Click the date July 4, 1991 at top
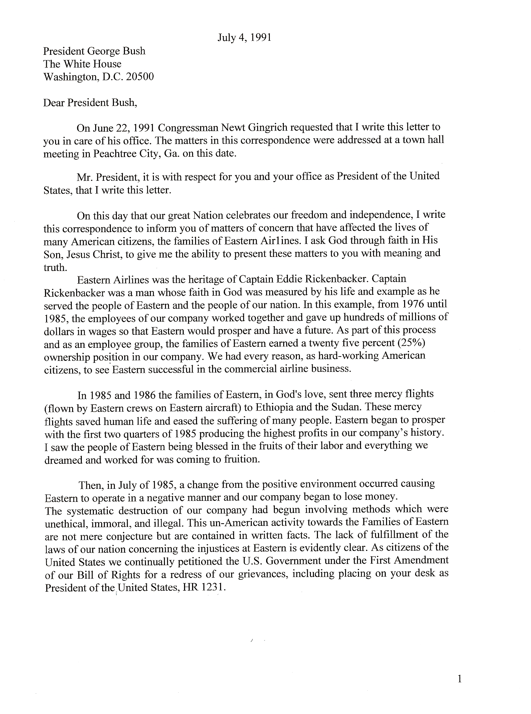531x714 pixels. coord(244,37)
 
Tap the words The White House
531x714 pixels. coord(82,64)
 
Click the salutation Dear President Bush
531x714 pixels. coord(90,102)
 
